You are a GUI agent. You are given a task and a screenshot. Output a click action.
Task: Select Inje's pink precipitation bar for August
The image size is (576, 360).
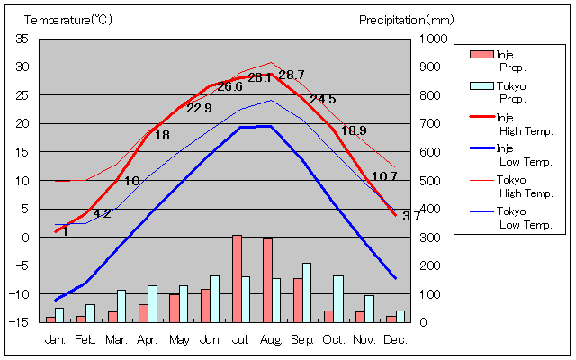pos(267,280)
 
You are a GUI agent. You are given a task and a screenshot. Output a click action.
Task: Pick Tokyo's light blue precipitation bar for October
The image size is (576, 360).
pos(338,298)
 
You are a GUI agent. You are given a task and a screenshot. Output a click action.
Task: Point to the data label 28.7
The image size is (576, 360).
pos(292,75)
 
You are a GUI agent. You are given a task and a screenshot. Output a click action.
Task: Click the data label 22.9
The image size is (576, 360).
pos(199,108)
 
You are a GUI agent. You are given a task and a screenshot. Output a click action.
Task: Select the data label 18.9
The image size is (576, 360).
pos(354,130)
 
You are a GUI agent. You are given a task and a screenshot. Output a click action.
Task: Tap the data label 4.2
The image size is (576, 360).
pos(102,213)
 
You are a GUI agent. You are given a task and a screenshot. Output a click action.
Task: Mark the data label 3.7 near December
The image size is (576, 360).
pos(410,216)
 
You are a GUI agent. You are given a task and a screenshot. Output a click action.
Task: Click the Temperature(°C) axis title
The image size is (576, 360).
pos(67,20)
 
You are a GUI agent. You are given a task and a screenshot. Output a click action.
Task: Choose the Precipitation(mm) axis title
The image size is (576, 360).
pos(407,20)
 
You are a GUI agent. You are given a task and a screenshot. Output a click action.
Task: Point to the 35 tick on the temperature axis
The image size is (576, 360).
pos(22,39)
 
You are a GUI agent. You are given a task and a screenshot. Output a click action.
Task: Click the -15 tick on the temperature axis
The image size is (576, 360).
pos(21,322)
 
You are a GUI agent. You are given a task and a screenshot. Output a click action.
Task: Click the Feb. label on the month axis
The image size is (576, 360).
pos(85,339)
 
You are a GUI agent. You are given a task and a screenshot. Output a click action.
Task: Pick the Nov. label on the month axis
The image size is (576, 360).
pos(364,339)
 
